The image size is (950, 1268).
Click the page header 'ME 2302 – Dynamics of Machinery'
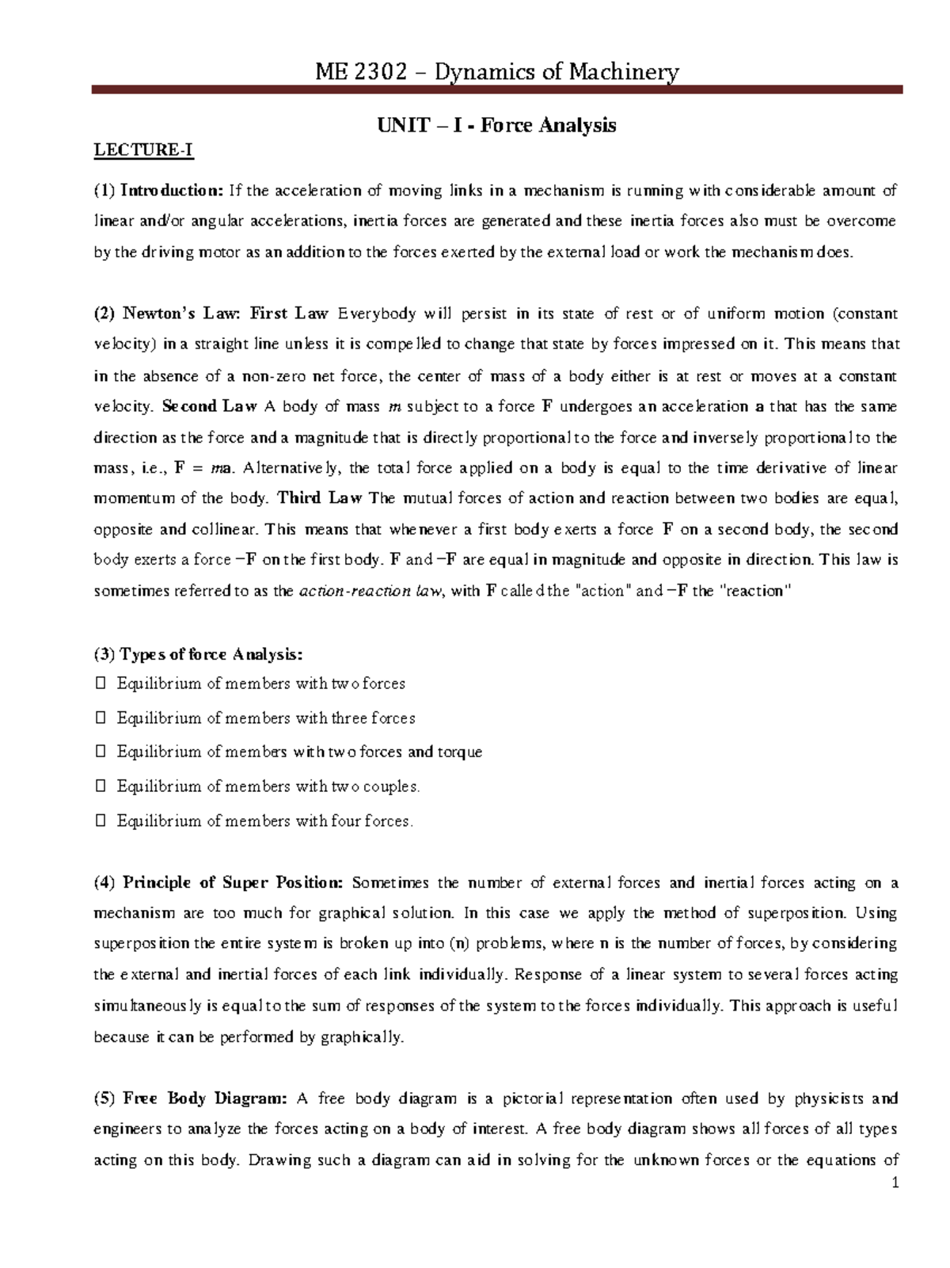tap(496, 72)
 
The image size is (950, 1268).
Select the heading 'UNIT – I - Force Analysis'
tap(496, 125)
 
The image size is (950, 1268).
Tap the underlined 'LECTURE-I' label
tap(143, 150)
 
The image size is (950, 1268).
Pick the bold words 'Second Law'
tap(209, 406)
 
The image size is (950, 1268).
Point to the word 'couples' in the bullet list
tap(388, 786)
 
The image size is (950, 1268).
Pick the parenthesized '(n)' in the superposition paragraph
tap(458, 944)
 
